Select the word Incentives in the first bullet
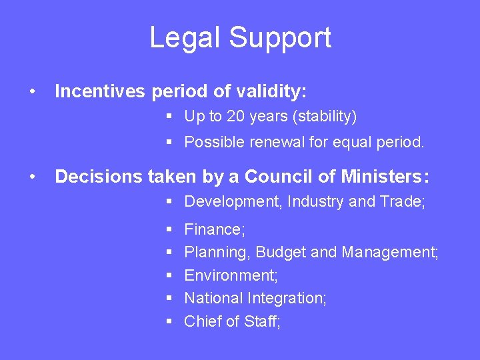(x=99, y=91)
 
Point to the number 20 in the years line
(x=236, y=117)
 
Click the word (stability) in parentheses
(x=324, y=117)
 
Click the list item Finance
(x=215, y=230)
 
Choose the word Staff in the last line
(x=262, y=321)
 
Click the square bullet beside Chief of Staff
(x=169, y=321)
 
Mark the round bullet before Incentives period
(x=31, y=91)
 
